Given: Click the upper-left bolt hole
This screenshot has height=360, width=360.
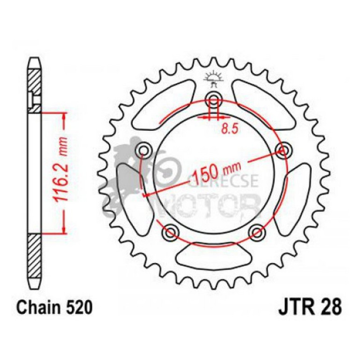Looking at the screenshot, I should [144, 150].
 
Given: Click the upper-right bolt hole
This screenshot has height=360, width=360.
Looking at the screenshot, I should [282, 150].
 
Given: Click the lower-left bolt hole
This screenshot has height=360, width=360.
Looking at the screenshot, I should [170, 231].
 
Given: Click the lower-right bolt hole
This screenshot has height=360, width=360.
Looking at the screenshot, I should [256, 231].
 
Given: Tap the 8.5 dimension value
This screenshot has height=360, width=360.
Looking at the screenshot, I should [228, 129].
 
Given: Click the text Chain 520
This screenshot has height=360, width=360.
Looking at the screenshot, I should [51, 309].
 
